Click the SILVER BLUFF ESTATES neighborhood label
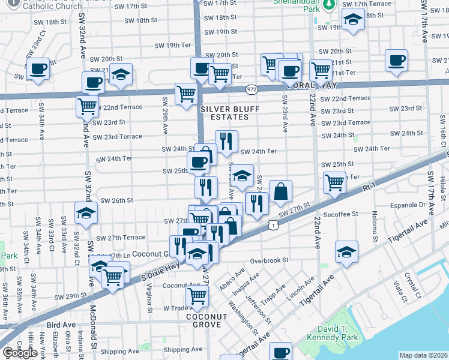(223, 113)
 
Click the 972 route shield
(252, 89)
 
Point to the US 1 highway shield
(273, 224)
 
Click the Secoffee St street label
(339, 213)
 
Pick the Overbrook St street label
(270, 261)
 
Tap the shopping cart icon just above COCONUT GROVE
(197, 295)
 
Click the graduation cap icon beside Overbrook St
(346, 251)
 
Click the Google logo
(20, 353)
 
